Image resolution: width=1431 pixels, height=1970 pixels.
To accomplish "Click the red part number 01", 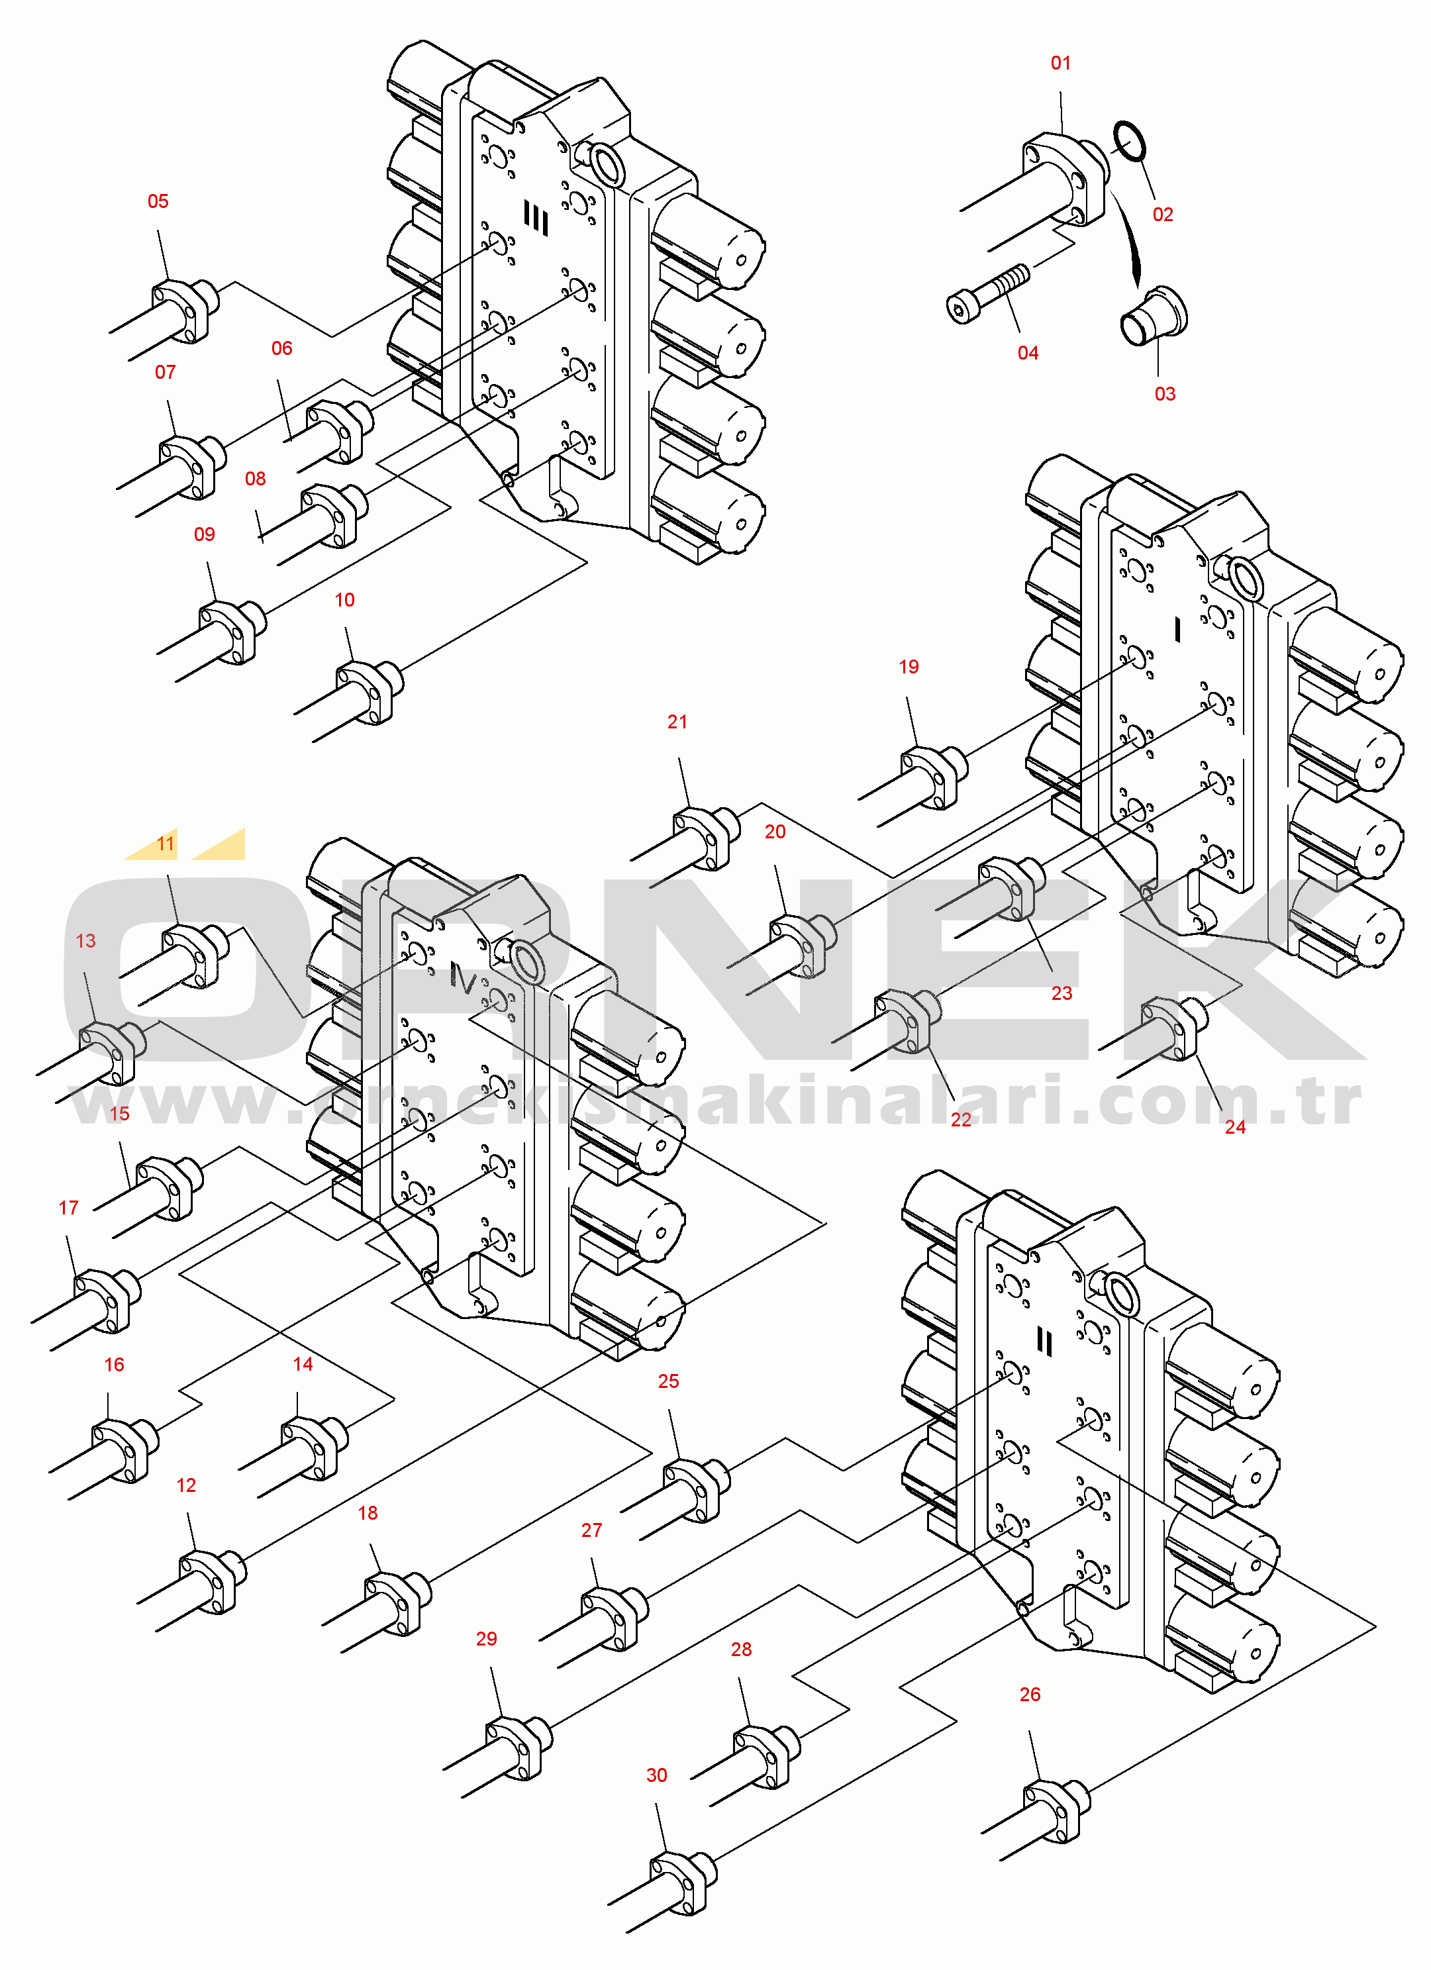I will pos(1060,62).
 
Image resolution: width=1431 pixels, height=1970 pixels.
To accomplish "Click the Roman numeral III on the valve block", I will pos(536,218).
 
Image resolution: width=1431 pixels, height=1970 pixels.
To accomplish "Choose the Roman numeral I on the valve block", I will pos(1177,629).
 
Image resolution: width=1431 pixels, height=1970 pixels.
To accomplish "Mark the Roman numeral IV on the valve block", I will pos(462,980).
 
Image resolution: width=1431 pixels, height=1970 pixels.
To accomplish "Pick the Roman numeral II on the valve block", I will pos(1044,1343).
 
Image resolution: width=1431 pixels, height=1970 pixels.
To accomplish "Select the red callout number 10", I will pos(344,600).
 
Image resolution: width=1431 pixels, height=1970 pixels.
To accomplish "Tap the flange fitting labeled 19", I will pos(934,775).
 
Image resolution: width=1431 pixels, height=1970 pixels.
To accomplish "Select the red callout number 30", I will pos(657,1775).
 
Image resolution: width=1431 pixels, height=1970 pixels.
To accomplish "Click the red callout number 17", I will pos(69,1207).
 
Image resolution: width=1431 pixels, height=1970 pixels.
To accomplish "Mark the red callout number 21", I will pos(677,722).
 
